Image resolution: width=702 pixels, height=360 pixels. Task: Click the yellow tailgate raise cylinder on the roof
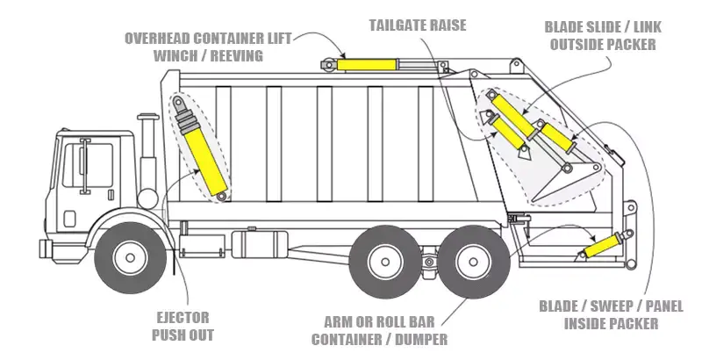366,64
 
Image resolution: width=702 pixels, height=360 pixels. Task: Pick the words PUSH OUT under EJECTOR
182,335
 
